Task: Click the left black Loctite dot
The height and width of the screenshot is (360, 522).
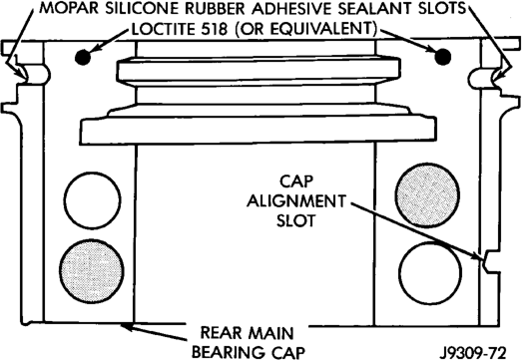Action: (x=83, y=57)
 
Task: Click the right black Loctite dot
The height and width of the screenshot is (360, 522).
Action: (x=443, y=57)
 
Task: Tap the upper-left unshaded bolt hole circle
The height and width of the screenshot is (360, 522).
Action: (x=92, y=200)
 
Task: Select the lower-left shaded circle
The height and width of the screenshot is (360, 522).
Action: (x=92, y=271)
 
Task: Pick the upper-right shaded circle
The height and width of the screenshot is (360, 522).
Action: (x=427, y=195)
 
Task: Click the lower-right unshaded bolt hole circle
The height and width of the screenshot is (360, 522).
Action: (x=430, y=273)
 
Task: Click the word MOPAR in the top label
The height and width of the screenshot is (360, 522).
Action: (x=69, y=8)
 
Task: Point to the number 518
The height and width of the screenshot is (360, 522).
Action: (x=214, y=29)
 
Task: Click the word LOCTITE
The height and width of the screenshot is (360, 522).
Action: (x=164, y=29)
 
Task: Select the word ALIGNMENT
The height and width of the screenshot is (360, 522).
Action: (x=296, y=201)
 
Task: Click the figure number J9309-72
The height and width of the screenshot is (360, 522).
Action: (x=473, y=352)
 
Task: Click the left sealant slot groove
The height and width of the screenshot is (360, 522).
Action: (x=36, y=75)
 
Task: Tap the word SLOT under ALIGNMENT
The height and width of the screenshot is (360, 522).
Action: (x=296, y=220)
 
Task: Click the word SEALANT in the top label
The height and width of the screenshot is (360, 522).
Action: (x=374, y=8)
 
